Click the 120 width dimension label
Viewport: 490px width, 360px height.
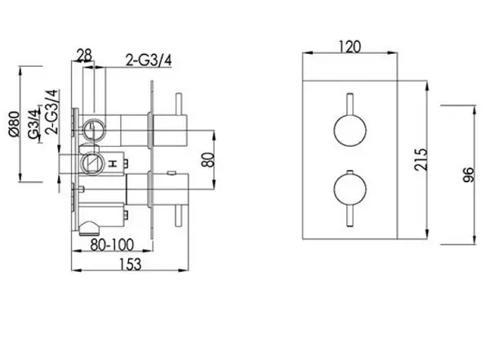point(350,47)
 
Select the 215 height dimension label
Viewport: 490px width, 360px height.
point(421,159)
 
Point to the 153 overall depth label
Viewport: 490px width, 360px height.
point(131,264)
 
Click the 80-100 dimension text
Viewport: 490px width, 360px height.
point(112,245)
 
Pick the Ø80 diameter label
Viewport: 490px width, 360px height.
point(15,124)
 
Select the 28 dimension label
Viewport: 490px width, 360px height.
point(84,56)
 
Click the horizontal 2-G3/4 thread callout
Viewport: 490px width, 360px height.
point(149,60)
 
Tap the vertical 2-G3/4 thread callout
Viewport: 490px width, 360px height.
point(51,112)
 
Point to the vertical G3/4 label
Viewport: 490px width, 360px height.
point(34,124)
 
